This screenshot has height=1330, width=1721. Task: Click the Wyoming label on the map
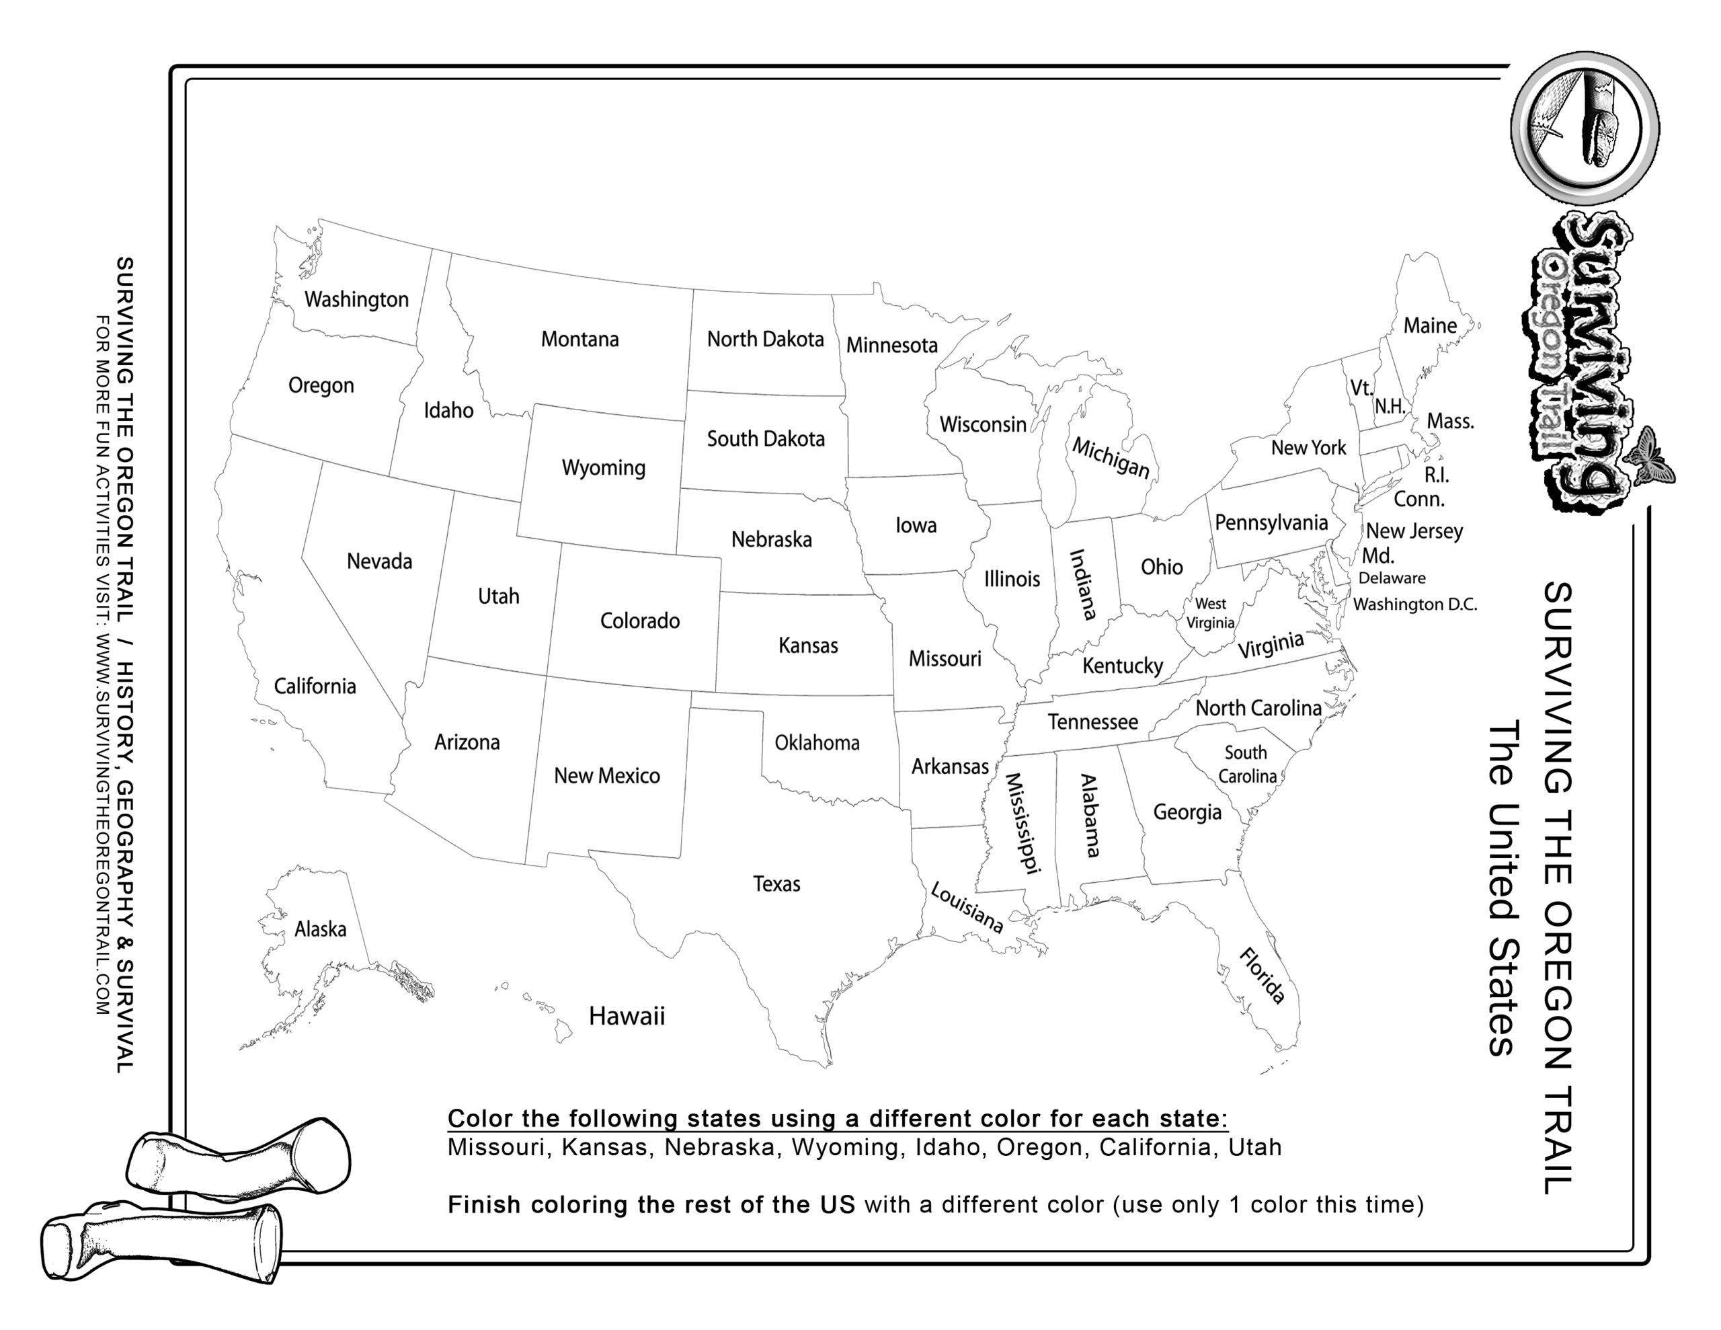tap(603, 467)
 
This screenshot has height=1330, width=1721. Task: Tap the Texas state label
tap(776, 884)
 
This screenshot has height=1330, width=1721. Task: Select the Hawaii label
tap(627, 1016)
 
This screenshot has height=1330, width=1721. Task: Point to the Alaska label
tap(320, 929)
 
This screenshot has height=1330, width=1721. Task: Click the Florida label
tap(1263, 976)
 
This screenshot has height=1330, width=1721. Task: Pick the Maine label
tap(1429, 325)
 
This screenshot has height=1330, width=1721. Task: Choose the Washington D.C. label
tap(1414, 604)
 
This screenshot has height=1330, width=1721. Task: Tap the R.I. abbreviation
tap(1437, 475)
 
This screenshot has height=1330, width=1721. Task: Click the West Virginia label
tap(1210, 613)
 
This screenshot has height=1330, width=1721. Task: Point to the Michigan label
tap(1111, 458)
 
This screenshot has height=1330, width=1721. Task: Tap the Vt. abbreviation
tap(1361, 388)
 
